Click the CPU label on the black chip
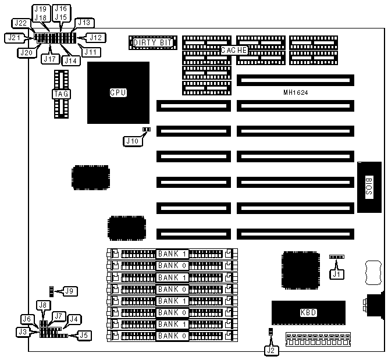[x=118, y=92]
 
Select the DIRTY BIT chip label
[x=152, y=42]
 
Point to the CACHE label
[x=234, y=51]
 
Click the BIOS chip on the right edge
[x=369, y=186]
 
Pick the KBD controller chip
[x=308, y=312]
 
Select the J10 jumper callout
[x=132, y=140]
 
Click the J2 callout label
[x=271, y=350]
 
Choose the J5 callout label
[x=84, y=334]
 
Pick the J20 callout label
[x=24, y=52]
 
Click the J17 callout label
[x=49, y=58]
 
